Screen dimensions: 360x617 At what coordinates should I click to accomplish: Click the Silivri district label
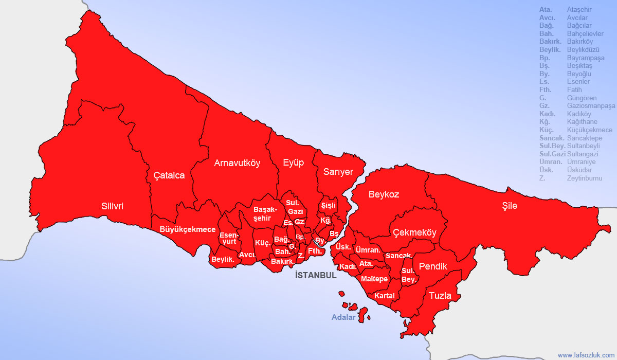[112, 206]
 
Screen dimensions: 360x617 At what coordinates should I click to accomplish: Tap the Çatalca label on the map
[169, 175]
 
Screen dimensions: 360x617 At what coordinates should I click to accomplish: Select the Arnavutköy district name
[237, 164]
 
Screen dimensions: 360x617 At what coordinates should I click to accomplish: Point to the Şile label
[510, 206]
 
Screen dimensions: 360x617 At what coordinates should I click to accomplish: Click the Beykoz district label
[384, 194]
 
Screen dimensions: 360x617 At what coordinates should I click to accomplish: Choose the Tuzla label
[440, 296]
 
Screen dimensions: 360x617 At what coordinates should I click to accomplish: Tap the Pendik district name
[433, 266]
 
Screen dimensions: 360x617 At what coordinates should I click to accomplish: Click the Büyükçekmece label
[188, 229]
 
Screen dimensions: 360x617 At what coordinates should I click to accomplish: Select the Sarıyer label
[338, 172]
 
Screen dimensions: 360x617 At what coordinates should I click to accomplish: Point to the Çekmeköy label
[414, 232]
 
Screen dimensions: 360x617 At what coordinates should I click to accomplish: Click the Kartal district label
[385, 296]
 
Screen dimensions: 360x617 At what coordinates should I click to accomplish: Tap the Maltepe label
[374, 279]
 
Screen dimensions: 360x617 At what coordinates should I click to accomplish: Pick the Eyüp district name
[294, 163]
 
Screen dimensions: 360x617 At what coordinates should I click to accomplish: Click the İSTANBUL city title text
[316, 275]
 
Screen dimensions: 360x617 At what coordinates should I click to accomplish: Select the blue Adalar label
[343, 317]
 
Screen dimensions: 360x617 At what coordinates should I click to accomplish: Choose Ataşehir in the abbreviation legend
[579, 10]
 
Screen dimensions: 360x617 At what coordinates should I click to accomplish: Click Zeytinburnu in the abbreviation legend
[585, 178]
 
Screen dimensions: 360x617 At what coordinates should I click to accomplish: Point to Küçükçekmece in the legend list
[589, 130]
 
